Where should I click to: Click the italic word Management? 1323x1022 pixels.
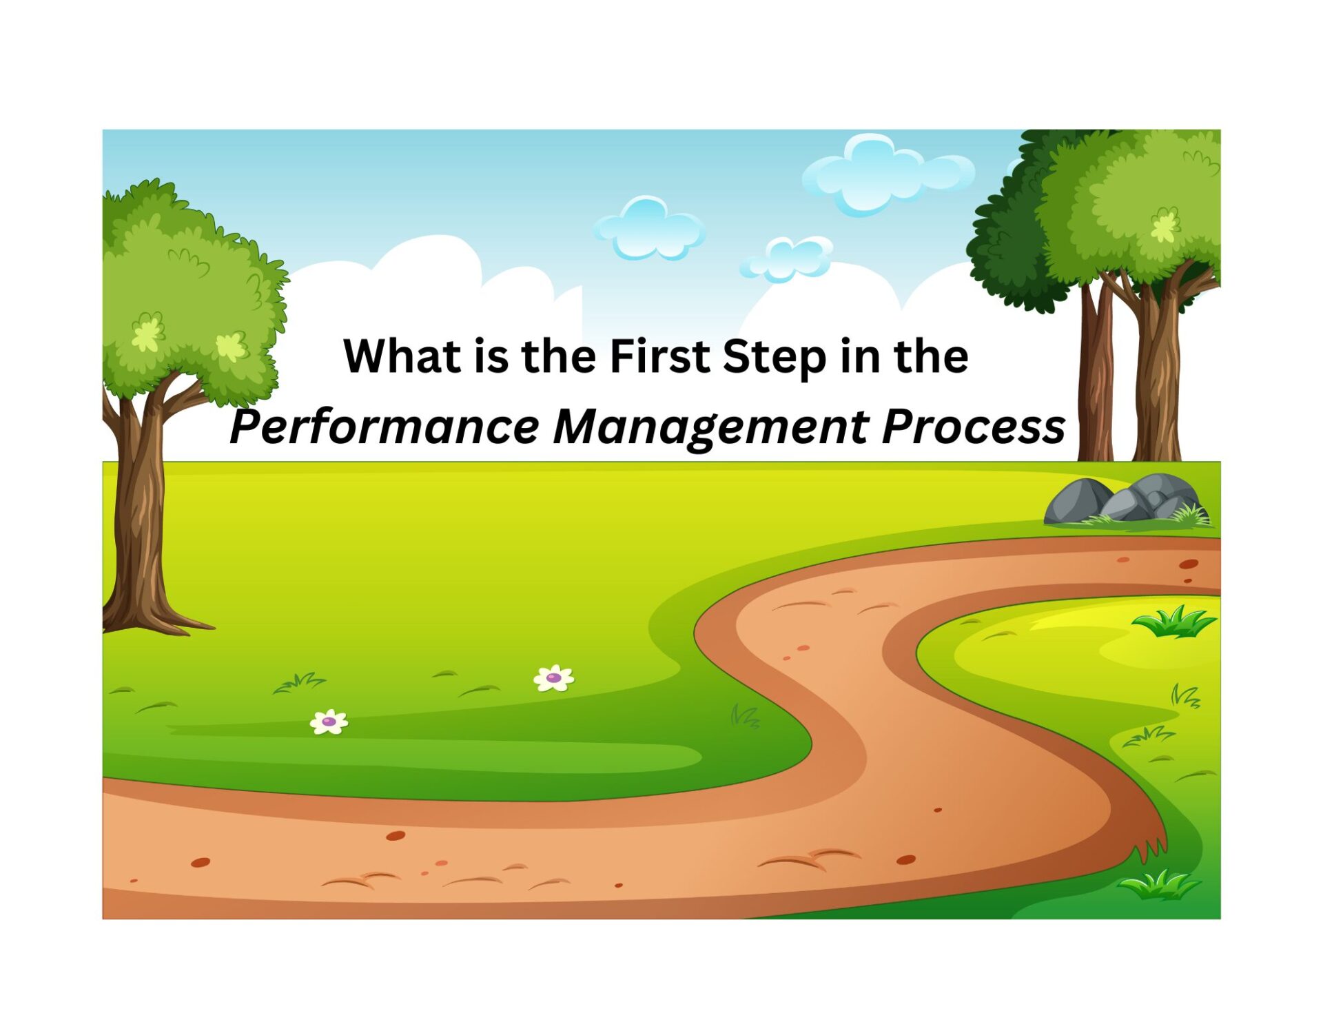(710, 429)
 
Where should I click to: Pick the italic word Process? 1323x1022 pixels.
(974, 427)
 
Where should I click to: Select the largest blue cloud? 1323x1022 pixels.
(887, 174)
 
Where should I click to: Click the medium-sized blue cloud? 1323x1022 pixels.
(648, 228)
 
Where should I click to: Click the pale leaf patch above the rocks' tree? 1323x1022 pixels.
(1165, 225)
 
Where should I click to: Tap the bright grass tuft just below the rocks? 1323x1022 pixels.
(1173, 621)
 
